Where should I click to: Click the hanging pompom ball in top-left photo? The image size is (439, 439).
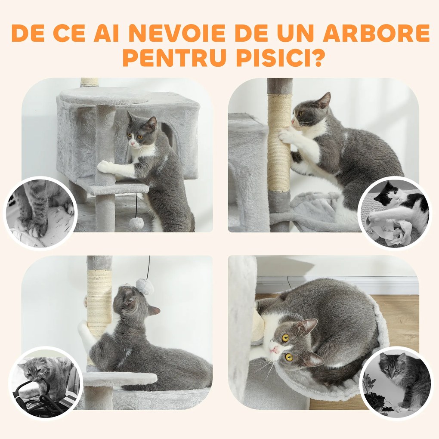pos(136,223)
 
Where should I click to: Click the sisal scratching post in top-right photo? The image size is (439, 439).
pos(279,142)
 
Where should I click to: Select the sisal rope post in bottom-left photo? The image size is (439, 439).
pos(99,301)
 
